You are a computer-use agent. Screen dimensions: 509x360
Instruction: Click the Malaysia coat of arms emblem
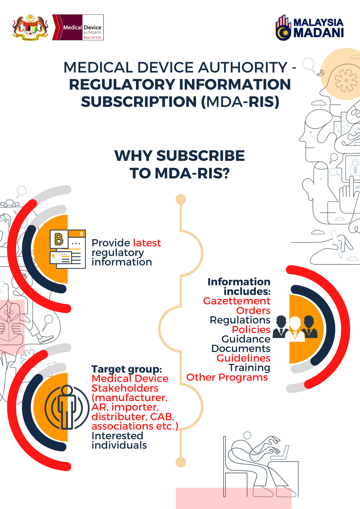(x=30, y=27)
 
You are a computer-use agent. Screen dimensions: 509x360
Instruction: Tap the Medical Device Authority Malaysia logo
(x=78, y=27)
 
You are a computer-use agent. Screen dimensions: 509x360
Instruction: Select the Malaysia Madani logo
(x=310, y=28)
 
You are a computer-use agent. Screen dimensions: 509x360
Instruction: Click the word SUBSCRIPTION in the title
(x=139, y=102)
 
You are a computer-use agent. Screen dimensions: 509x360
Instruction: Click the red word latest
(x=147, y=243)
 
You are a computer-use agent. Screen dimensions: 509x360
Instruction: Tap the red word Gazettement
(x=237, y=301)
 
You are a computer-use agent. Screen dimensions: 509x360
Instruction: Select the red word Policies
(x=251, y=330)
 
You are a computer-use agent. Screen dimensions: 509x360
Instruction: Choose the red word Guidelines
(x=243, y=358)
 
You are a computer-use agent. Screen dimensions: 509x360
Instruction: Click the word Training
(x=249, y=368)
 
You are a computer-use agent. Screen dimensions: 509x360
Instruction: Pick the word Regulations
(x=240, y=320)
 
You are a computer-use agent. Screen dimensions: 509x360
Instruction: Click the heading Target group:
(x=127, y=369)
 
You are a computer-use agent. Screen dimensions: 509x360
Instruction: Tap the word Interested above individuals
(x=117, y=436)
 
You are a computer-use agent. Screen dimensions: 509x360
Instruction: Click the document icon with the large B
(x=68, y=249)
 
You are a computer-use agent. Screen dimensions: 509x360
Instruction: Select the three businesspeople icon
(x=295, y=328)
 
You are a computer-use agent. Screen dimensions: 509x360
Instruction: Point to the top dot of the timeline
(x=181, y=199)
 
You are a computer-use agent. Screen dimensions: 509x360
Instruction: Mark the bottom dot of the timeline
(x=181, y=462)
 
